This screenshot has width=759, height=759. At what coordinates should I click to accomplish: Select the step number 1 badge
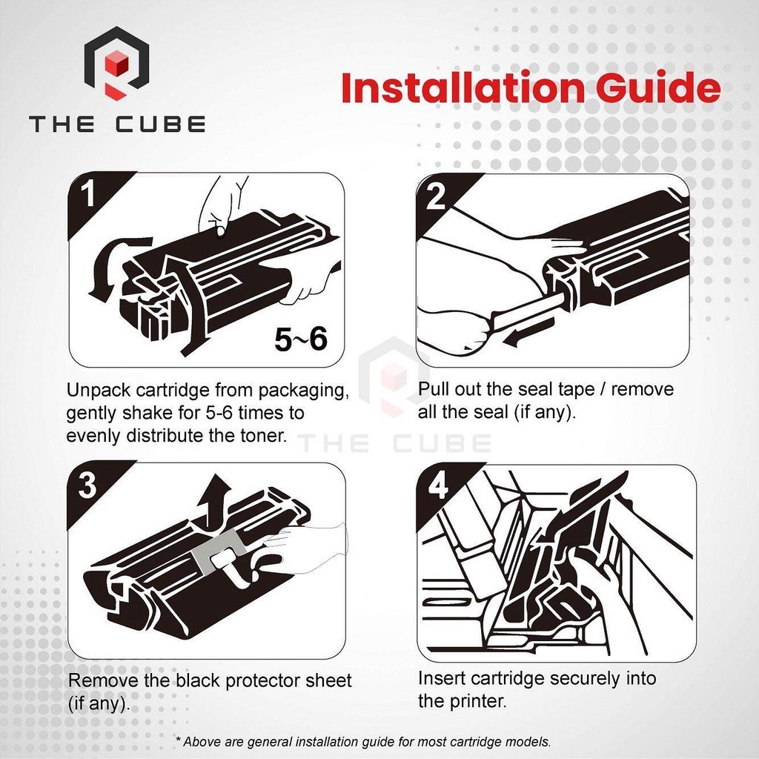click(x=89, y=193)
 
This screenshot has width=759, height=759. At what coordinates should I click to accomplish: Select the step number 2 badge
click(x=436, y=196)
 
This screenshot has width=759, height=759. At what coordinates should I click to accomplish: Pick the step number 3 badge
click(x=87, y=485)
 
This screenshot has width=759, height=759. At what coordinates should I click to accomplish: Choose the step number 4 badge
click(x=438, y=486)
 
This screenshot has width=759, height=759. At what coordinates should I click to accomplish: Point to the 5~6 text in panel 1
click(x=301, y=339)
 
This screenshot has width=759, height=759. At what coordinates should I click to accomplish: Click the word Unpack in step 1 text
click(x=99, y=390)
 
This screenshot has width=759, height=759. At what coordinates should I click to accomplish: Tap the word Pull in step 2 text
click(x=433, y=388)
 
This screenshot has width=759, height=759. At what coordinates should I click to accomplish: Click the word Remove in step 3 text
click(x=103, y=680)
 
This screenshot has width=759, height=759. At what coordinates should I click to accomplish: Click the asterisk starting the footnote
click(x=178, y=739)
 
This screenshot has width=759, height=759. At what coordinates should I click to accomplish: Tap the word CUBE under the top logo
click(x=160, y=124)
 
